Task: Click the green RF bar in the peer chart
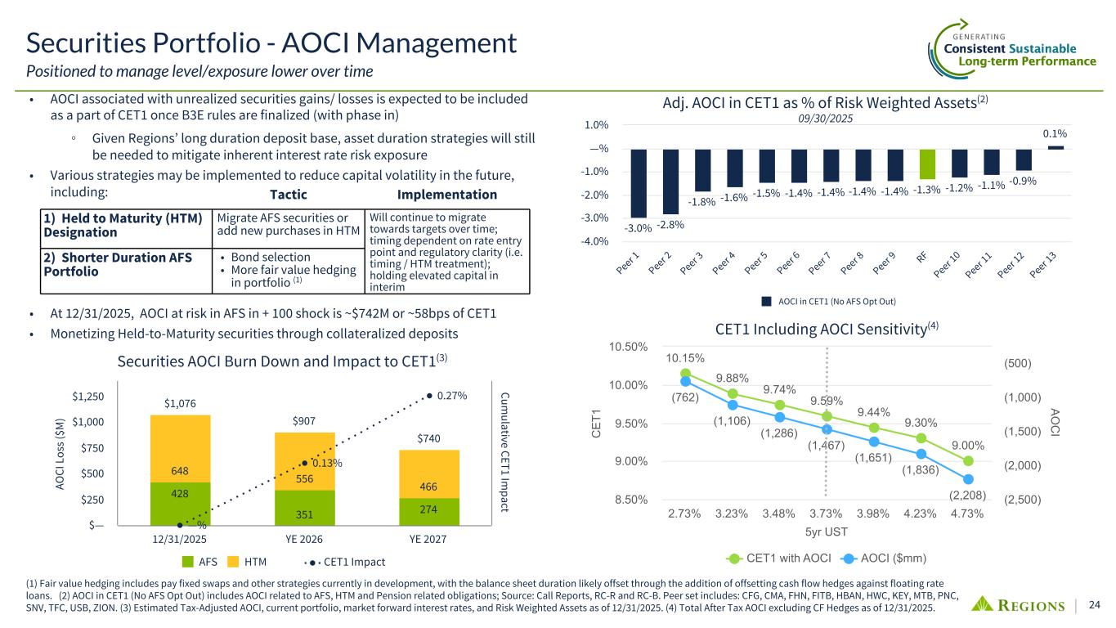click(x=926, y=164)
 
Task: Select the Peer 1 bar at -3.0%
click(x=639, y=182)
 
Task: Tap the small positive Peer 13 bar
click(x=1055, y=147)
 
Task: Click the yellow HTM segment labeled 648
click(x=181, y=449)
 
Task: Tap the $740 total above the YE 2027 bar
click(x=429, y=439)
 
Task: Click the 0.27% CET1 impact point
click(x=430, y=396)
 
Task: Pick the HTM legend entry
click(x=245, y=562)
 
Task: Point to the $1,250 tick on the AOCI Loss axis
click(x=89, y=397)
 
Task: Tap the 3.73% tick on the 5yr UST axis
click(x=827, y=514)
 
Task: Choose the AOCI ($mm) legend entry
click(x=887, y=558)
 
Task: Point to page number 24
click(x=1095, y=605)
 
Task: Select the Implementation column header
click(x=446, y=195)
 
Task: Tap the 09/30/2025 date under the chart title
click(x=825, y=119)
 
